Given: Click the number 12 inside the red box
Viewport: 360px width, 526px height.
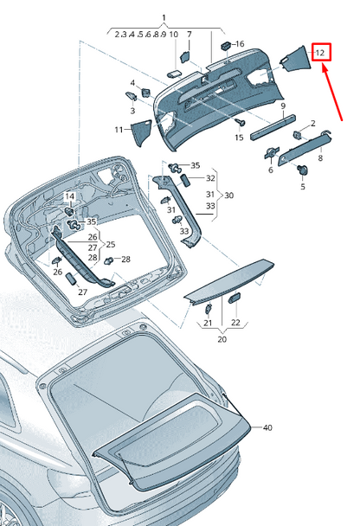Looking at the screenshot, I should click(321, 53).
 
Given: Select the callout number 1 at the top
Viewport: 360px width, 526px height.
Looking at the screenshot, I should click(164, 18).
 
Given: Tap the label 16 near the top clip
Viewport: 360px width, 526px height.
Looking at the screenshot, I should click(239, 43).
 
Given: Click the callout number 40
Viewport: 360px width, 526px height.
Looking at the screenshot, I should click(267, 427).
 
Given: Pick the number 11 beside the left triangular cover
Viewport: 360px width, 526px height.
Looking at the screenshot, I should click(119, 129).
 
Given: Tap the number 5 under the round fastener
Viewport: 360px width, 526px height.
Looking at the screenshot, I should click(303, 186).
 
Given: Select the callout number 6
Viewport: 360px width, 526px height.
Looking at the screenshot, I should click(270, 170).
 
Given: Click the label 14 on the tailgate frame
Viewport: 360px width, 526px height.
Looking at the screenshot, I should click(70, 197).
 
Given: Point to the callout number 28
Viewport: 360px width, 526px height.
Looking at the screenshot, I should click(125, 260).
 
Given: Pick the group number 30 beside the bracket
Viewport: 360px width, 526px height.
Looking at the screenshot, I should click(228, 196).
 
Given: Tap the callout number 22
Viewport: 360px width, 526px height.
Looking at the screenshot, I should click(235, 323).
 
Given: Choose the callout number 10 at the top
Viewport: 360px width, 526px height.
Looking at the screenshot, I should click(174, 35).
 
